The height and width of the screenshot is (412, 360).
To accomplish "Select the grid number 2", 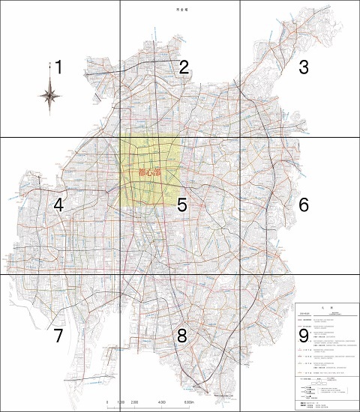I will (x=183, y=67).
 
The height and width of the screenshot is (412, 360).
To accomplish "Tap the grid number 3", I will (x=304, y=67).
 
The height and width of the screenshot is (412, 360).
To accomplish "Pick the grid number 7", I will (x=58, y=336).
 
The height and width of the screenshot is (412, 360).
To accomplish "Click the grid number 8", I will (x=181, y=336).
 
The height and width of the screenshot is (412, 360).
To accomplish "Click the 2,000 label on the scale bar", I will (x=135, y=402).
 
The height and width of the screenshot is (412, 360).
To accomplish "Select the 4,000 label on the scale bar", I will (x=162, y=402).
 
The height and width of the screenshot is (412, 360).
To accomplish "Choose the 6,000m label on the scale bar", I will (x=190, y=402).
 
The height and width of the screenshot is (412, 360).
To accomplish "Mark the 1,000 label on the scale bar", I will (x=121, y=402).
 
